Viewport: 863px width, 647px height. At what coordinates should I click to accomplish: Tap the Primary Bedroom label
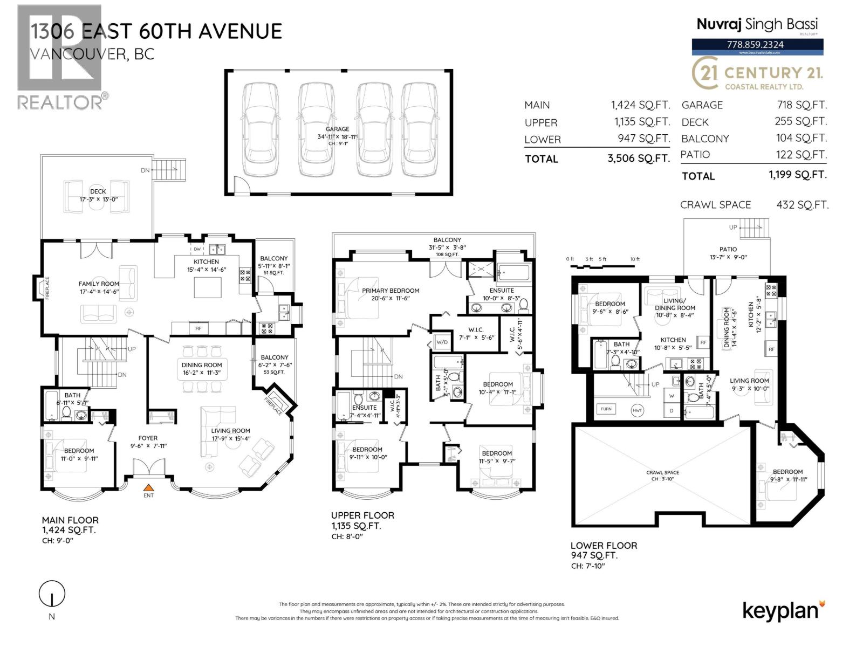click(x=391, y=291)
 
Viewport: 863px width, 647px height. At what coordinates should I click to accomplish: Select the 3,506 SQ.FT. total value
click(x=638, y=159)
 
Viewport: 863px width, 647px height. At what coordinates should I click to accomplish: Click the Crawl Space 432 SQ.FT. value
click(x=802, y=205)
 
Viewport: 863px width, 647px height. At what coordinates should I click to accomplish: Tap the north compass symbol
click(x=52, y=595)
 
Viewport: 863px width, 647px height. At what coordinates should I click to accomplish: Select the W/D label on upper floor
click(x=441, y=342)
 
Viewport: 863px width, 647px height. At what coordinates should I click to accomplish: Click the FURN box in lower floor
click(x=606, y=409)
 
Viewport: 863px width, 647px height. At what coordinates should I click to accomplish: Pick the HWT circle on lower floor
click(x=638, y=410)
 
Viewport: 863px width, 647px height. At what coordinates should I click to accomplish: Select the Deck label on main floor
click(x=98, y=191)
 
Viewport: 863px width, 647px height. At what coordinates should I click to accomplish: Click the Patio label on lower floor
click(x=728, y=249)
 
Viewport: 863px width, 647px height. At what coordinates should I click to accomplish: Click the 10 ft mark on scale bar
click(x=635, y=259)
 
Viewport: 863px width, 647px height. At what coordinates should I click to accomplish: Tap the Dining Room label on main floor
click(x=202, y=365)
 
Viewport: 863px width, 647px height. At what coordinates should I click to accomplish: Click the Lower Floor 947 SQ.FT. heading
click(x=604, y=550)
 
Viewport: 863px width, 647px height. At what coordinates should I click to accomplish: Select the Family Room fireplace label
click(x=47, y=288)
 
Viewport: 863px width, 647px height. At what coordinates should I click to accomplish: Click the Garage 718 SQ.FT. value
click(x=800, y=105)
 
